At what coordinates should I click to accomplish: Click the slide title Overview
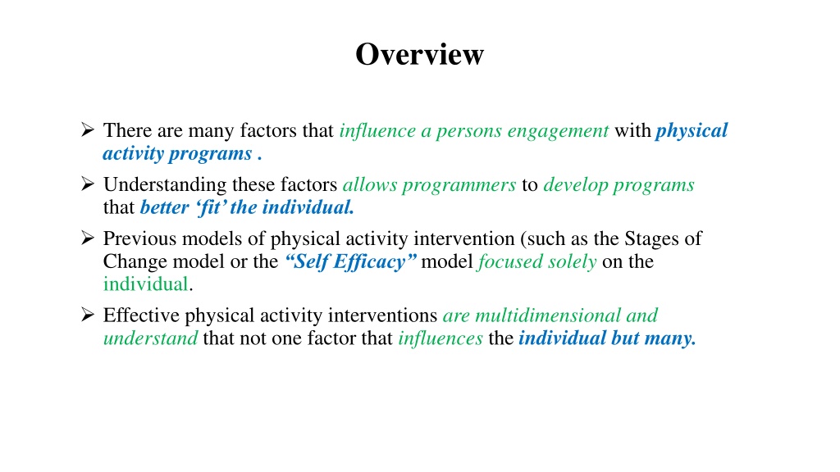(x=419, y=54)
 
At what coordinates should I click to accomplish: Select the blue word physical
(x=692, y=130)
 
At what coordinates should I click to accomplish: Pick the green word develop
(x=575, y=185)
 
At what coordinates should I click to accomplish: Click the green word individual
(x=146, y=284)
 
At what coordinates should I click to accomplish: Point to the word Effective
(x=141, y=315)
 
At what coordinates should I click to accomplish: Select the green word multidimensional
(x=548, y=315)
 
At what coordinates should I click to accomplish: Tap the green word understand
(x=151, y=338)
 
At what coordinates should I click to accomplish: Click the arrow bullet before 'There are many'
(x=88, y=129)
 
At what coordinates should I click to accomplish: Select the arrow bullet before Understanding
(x=88, y=184)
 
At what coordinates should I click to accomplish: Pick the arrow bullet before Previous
(x=88, y=237)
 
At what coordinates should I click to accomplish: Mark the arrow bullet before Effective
(x=88, y=314)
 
